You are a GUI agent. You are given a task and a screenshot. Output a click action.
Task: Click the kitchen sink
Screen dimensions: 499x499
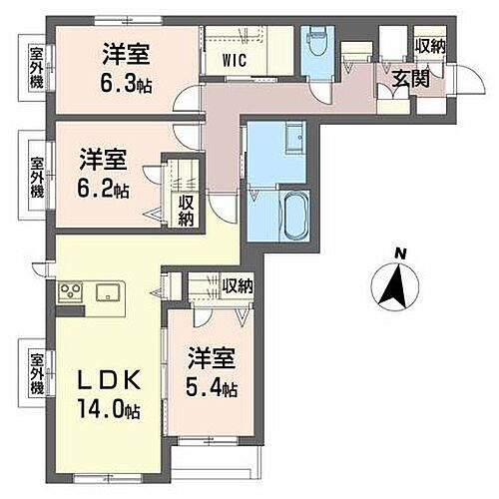[x=108, y=292]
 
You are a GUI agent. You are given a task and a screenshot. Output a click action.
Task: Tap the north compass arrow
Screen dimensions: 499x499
[x=392, y=290]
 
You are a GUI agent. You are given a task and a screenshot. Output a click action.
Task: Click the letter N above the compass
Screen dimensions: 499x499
[x=397, y=253]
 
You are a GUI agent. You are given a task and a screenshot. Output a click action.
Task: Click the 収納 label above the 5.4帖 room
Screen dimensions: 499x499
[x=238, y=286]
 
